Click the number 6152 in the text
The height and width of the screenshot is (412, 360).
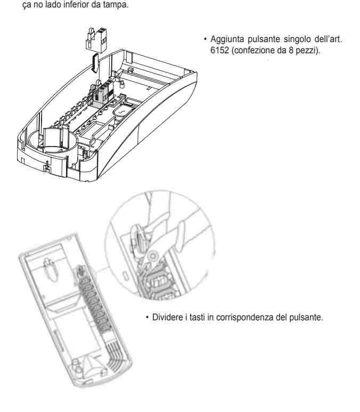click(220, 50)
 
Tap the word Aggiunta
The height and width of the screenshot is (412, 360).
click(227, 39)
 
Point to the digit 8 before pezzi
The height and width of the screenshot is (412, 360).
click(291, 50)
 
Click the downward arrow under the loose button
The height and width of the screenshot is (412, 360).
click(95, 63)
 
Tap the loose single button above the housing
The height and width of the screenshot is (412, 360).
click(96, 38)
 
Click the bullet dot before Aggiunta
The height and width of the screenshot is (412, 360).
click(205, 39)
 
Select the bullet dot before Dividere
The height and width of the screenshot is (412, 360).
click(147, 317)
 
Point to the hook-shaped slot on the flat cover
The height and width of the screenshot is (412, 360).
click(50, 270)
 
